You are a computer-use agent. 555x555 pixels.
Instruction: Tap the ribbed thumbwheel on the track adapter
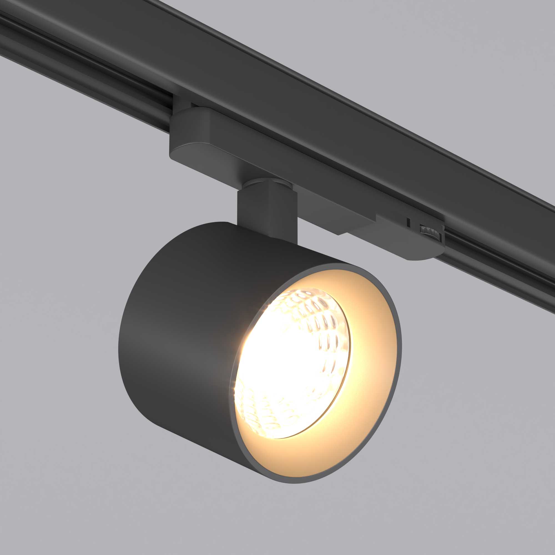pos(430,230)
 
